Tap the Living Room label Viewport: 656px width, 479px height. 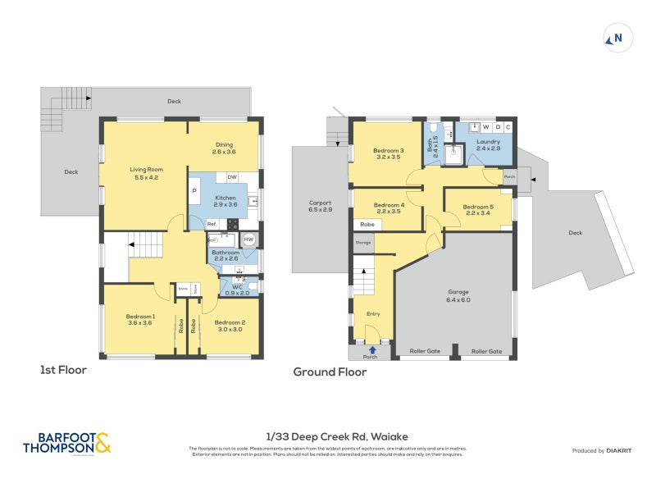pos(143,170)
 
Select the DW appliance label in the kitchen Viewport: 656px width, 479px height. pos(232,177)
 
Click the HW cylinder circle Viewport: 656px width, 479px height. pos(248,240)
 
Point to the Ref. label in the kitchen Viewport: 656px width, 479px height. pos(211,223)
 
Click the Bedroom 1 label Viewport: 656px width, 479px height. pos(140,317)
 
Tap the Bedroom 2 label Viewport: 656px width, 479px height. pos(230,322)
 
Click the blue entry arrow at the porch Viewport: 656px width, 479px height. pos(371,350)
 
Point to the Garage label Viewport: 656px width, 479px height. pos(458,291)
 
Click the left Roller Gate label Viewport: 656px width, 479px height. pos(424,351)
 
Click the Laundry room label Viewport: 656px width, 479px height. pos(488,142)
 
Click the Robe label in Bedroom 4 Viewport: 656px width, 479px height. pos(367,224)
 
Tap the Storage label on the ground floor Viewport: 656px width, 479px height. pos(363,243)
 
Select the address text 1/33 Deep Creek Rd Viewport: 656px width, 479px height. pos(327,437)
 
